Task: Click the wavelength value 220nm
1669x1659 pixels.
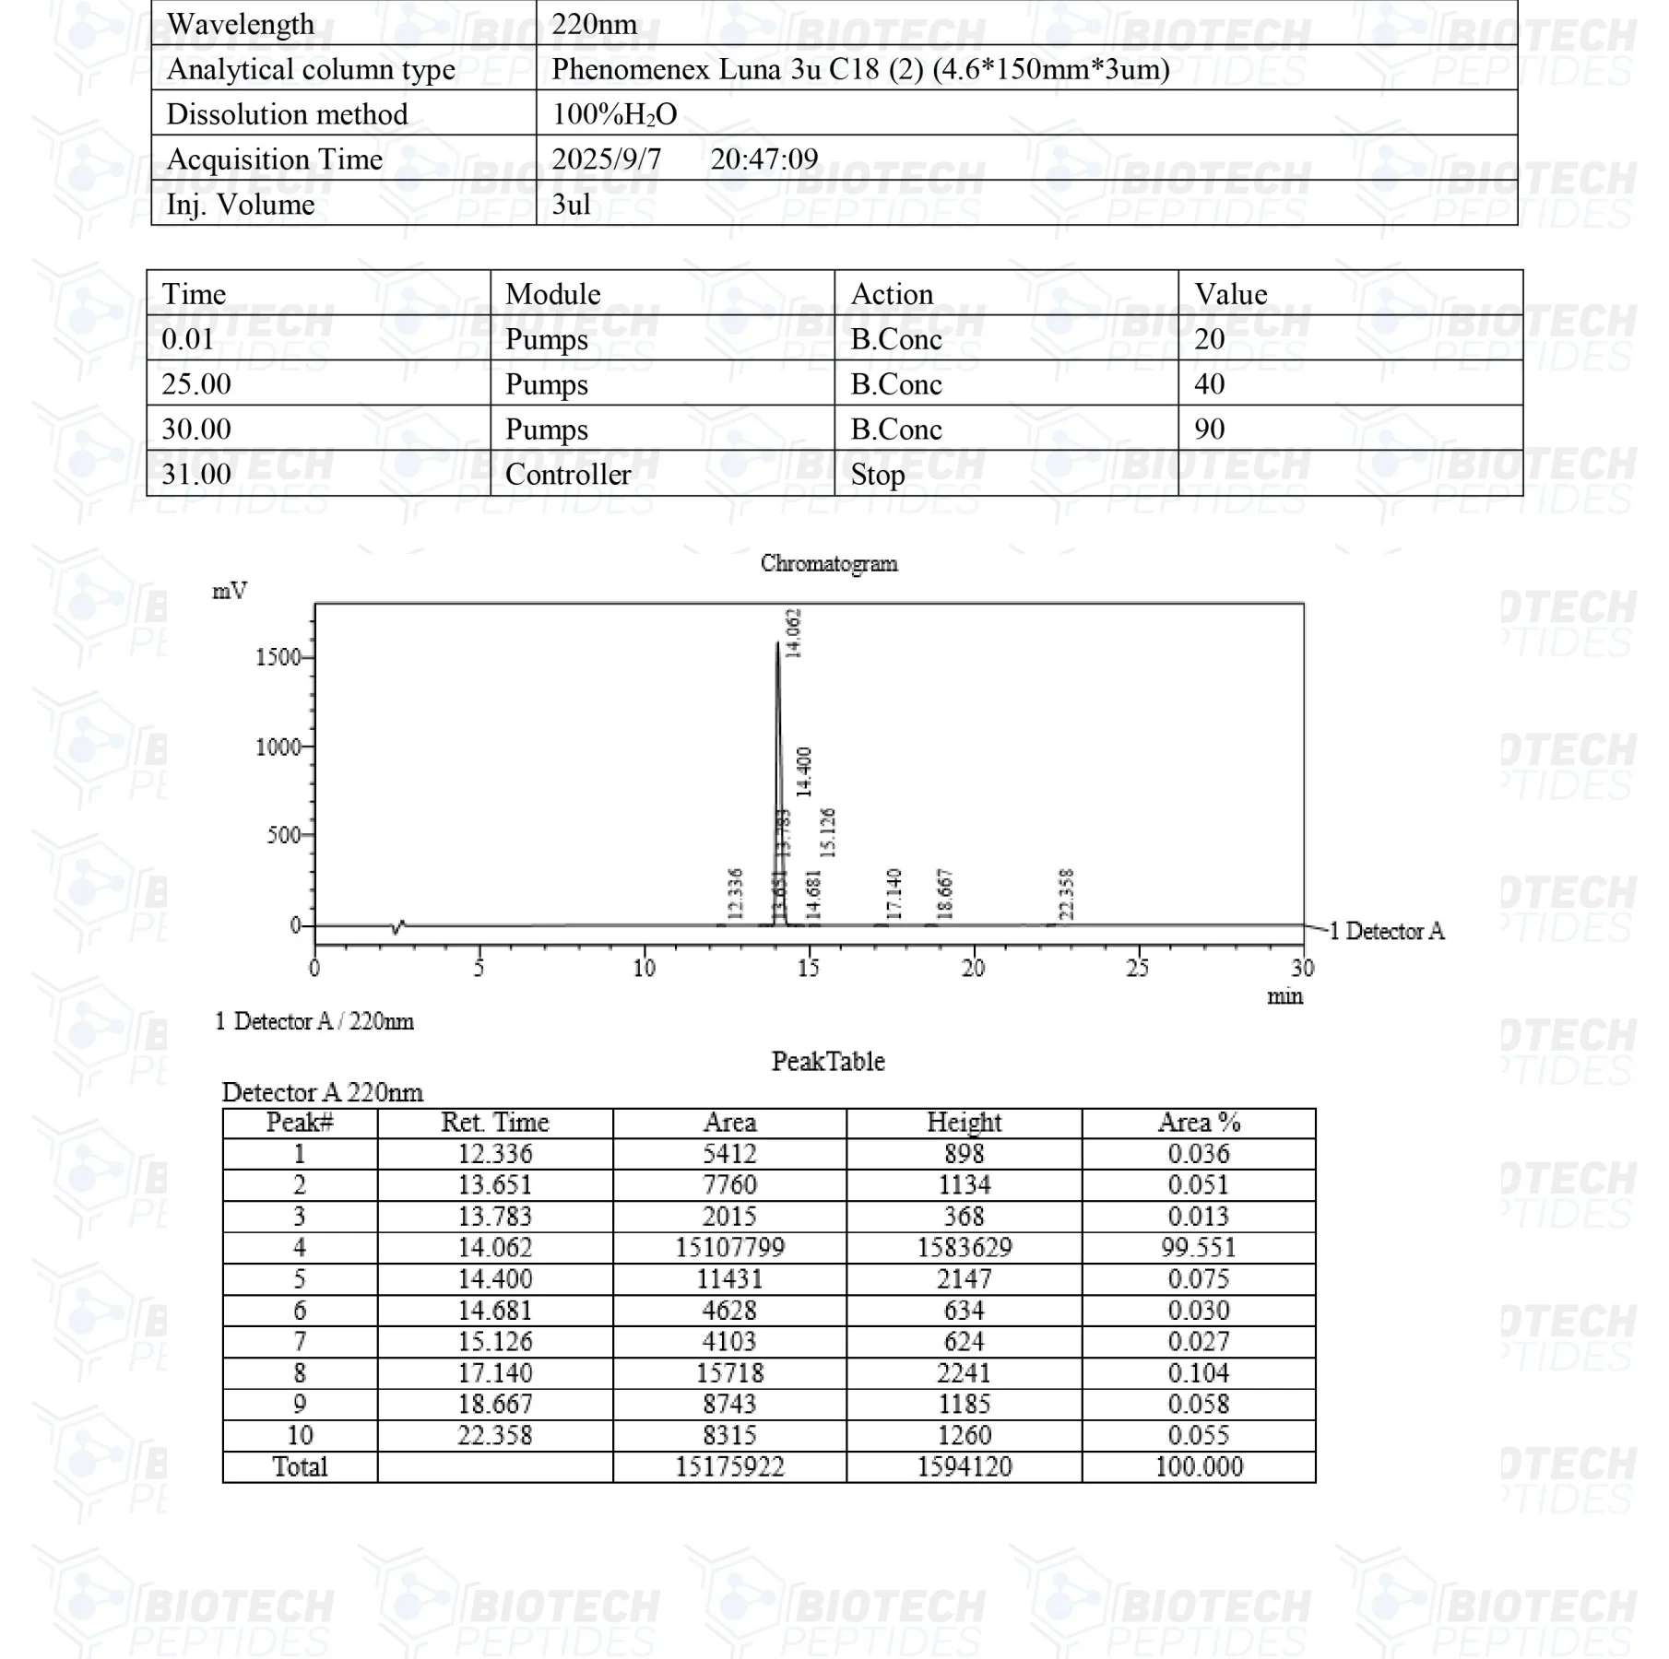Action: (x=594, y=24)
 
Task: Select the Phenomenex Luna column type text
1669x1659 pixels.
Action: (x=860, y=69)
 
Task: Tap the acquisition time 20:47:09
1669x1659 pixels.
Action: (x=763, y=159)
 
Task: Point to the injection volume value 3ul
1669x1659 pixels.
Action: (x=571, y=204)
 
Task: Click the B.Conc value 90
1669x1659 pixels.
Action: (x=1209, y=429)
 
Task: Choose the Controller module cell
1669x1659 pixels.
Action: (x=568, y=474)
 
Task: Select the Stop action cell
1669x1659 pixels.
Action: (x=877, y=474)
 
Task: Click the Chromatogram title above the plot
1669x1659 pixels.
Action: (x=828, y=563)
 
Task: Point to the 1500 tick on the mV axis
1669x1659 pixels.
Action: (x=278, y=657)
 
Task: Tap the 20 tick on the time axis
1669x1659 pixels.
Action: (x=973, y=968)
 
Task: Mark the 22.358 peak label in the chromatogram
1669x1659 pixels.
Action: (x=1067, y=893)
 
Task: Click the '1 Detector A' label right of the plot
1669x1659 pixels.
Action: (x=1387, y=931)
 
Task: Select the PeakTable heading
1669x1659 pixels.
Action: (x=828, y=1061)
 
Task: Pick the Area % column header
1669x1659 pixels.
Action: (x=1199, y=1123)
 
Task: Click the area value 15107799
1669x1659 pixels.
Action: (x=729, y=1248)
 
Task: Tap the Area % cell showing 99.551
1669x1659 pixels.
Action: (x=1199, y=1248)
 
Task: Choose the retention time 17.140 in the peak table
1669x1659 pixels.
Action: (x=495, y=1373)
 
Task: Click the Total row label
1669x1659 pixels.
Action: (x=300, y=1466)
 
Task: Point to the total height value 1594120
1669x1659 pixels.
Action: (x=964, y=1466)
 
